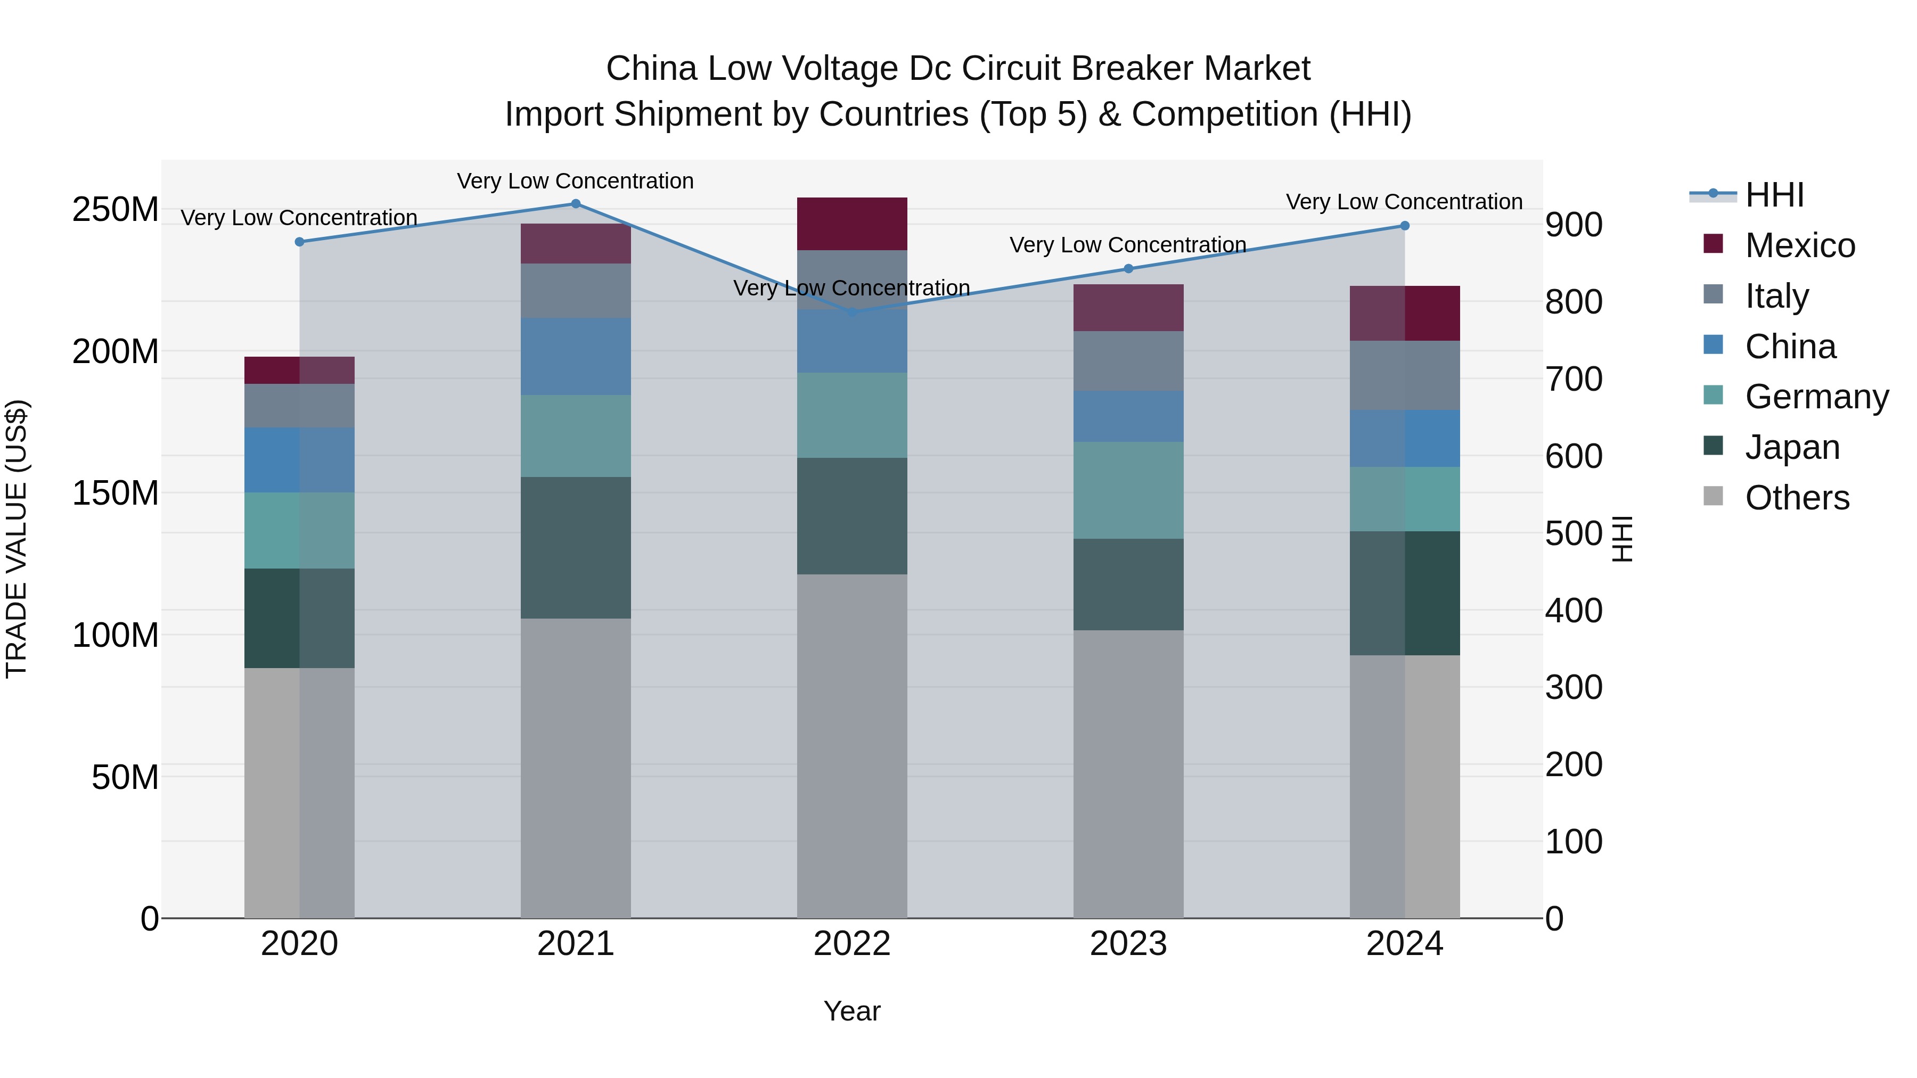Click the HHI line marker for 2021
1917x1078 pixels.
point(575,203)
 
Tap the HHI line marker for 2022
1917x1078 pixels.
point(852,312)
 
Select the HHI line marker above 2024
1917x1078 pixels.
point(1404,225)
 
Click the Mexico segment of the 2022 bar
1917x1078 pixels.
point(852,223)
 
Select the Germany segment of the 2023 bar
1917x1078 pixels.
point(1128,490)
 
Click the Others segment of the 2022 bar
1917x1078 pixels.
point(852,744)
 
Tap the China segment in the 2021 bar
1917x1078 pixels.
point(575,356)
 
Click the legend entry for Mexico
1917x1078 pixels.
point(1799,245)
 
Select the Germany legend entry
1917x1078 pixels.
point(1816,397)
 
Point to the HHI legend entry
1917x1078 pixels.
point(1774,195)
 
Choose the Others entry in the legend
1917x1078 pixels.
point(1797,498)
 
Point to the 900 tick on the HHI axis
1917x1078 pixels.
point(1573,225)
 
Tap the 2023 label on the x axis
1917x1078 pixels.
point(1128,944)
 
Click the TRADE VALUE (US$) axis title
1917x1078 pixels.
point(17,539)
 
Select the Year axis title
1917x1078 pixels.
point(852,1011)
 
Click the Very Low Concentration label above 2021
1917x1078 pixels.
point(575,181)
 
